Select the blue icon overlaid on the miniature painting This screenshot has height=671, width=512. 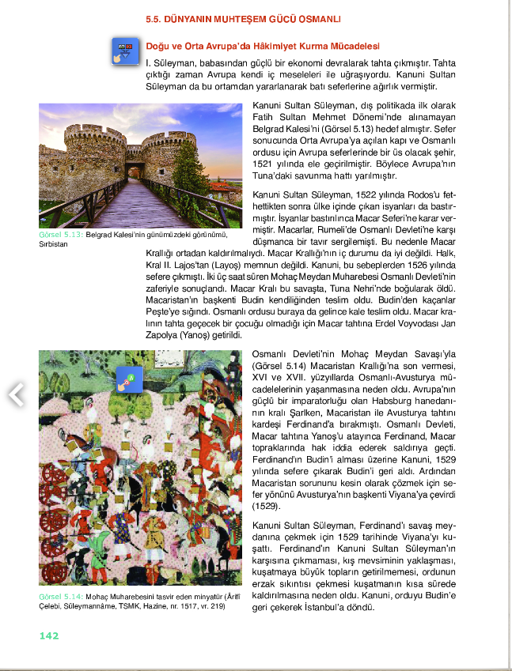(x=125, y=381)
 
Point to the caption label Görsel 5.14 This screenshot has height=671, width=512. (x=60, y=595)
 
